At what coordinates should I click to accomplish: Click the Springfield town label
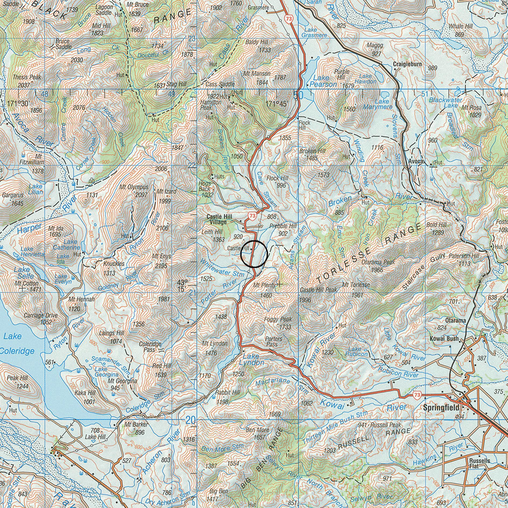pos(441,407)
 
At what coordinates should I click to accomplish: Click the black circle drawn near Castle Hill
pos(254,254)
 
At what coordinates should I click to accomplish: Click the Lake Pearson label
pos(323,81)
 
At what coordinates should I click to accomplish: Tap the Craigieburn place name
pos(407,64)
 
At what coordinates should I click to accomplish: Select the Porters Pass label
pos(274,341)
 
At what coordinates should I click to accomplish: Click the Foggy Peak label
pos(278,320)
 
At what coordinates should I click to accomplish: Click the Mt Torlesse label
pos(356,285)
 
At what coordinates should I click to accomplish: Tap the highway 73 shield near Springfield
pos(417,395)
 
